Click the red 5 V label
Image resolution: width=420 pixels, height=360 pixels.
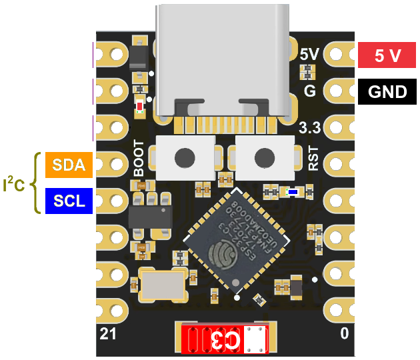point(387,55)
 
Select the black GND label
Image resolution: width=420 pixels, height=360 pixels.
point(387,91)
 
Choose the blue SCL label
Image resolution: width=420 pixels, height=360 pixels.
point(69,201)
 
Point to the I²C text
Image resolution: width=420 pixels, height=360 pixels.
point(14,184)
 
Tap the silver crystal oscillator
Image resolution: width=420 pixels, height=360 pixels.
point(162,285)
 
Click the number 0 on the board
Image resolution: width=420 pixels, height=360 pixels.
point(344,333)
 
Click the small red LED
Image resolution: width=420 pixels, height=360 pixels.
point(139,106)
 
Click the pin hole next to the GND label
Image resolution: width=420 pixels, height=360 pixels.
point(342,91)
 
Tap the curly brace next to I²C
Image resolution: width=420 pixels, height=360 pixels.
point(36,183)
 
